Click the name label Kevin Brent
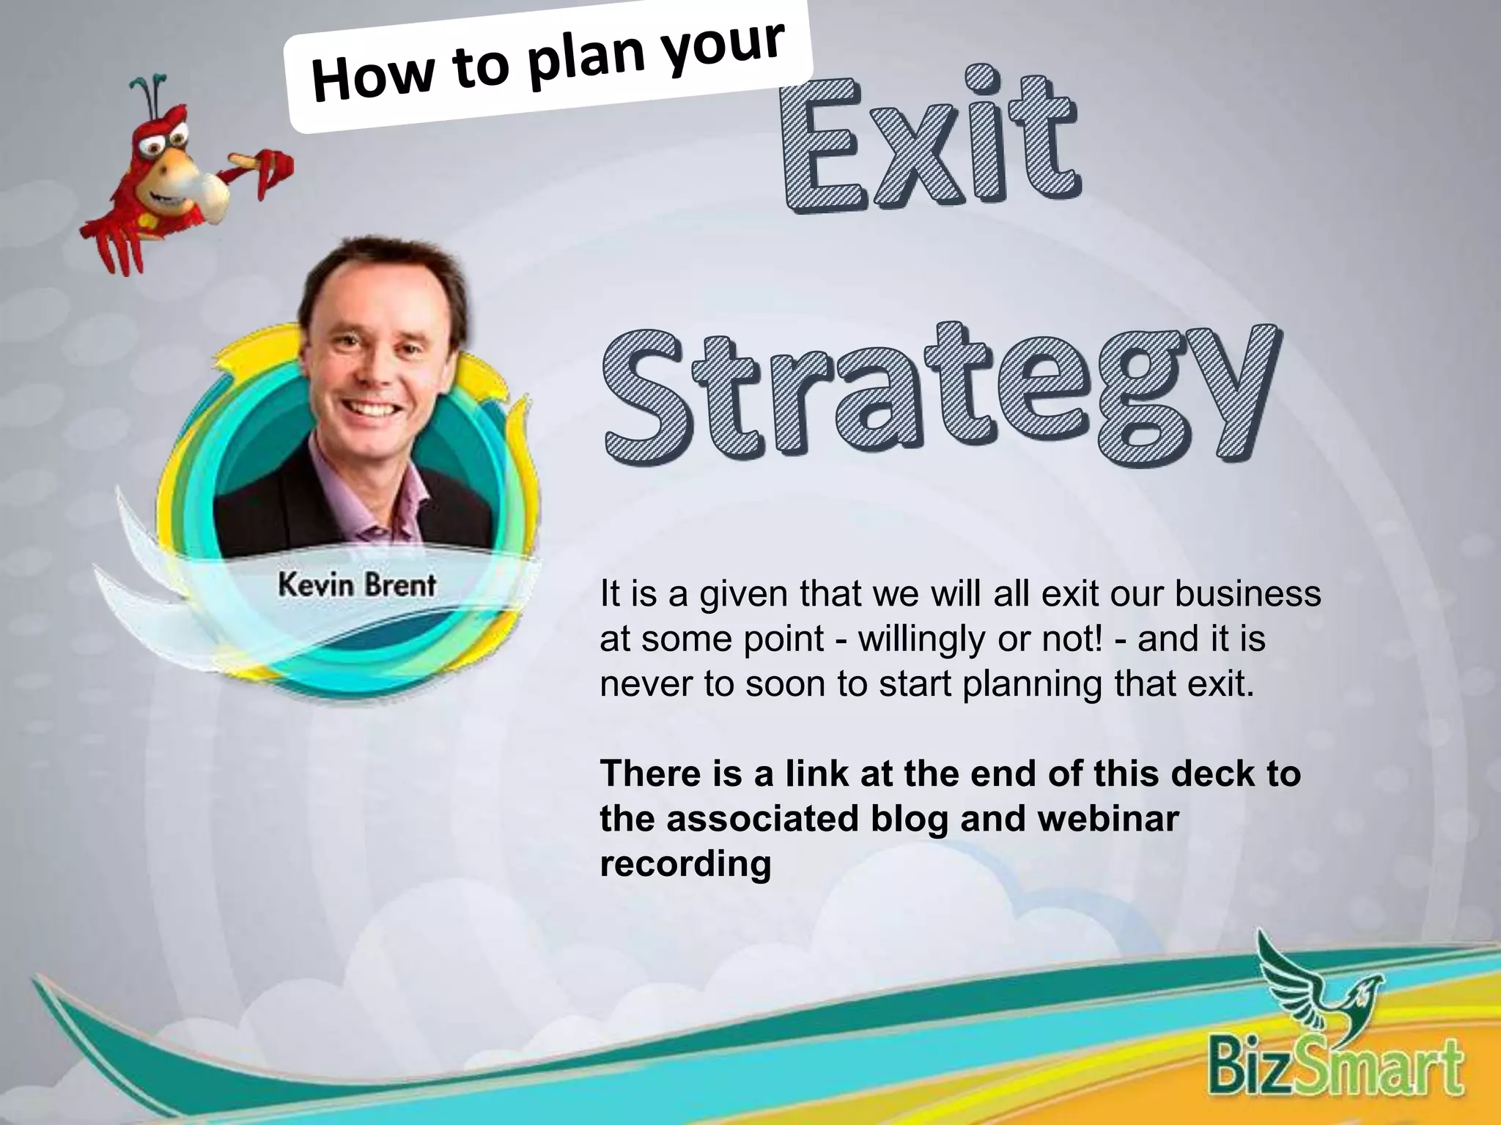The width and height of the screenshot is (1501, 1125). point(357,585)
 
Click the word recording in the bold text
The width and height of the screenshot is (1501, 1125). point(685,864)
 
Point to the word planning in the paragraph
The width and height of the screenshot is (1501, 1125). point(1032,684)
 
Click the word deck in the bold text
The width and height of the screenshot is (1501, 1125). point(1212,773)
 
